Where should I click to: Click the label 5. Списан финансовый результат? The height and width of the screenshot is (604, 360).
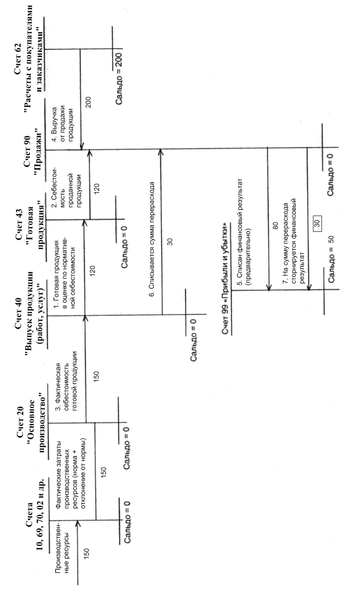pos(246,231)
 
